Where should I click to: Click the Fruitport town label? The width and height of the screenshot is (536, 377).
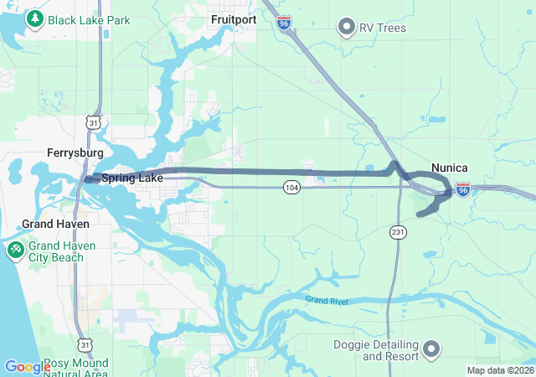(x=234, y=18)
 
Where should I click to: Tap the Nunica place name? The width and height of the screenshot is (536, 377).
(x=449, y=168)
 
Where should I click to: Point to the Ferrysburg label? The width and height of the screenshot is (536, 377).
(x=75, y=153)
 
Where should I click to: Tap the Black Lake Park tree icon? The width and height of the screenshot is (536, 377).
(x=35, y=18)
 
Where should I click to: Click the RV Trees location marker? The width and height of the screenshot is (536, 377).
(x=346, y=28)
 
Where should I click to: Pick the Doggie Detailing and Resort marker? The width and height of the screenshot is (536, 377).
(x=431, y=348)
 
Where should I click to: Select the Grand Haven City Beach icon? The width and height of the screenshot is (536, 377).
(x=16, y=250)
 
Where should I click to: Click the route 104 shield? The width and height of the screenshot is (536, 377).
(x=291, y=186)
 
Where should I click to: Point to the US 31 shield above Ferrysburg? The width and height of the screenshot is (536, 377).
(x=94, y=123)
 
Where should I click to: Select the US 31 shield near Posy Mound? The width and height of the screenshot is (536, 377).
(x=84, y=344)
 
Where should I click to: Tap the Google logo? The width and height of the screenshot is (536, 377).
(x=28, y=367)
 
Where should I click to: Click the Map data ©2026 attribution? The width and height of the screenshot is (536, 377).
(x=499, y=370)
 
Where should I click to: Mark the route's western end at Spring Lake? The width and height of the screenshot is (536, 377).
(x=88, y=178)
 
